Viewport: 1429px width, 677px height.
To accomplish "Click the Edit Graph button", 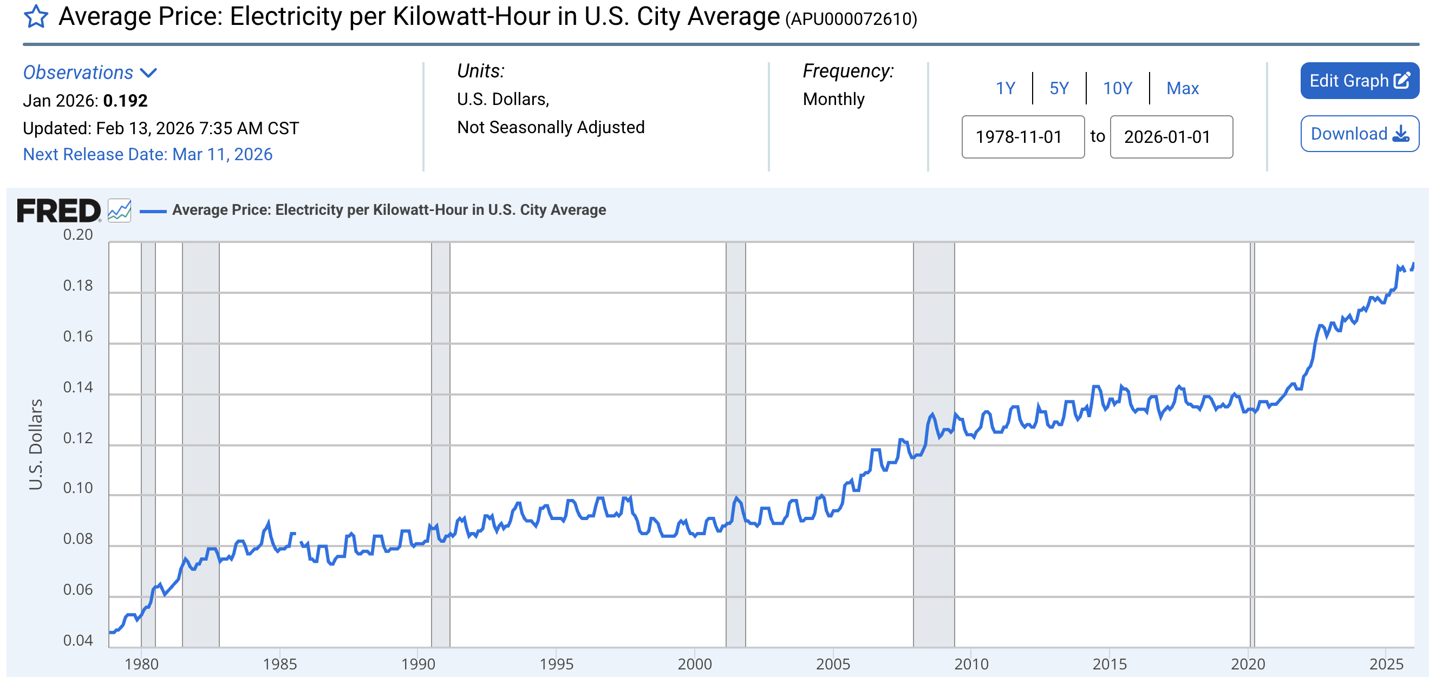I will coord(1359,81).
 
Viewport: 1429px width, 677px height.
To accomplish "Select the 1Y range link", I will coord(1004,88).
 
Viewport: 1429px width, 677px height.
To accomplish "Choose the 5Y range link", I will coord(1059,88).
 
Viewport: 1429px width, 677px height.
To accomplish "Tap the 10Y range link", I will coord(1117,88).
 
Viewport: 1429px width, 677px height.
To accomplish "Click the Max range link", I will coord(1182,88).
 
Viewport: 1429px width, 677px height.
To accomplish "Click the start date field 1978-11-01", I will coord(1022,137).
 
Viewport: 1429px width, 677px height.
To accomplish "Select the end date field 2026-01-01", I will coord(1171,137).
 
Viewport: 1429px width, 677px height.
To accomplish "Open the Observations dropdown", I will coord(90,73).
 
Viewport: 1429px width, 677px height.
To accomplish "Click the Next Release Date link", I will coord(148,154).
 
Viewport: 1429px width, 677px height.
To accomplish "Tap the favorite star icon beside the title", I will coord(36,17).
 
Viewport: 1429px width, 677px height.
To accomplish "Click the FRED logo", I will coord(59,211).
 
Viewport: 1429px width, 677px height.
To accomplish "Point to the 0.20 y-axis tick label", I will coord(77,234).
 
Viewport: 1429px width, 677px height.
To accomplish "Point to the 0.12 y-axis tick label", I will coord(77,438).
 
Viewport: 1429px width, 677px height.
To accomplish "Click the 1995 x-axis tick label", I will coord(556,663).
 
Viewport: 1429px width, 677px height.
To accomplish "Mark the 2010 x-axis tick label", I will coord(971,663).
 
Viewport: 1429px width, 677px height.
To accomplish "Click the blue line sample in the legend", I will coord(153,211).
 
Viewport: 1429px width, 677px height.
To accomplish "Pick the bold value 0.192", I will coord(126,101).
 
